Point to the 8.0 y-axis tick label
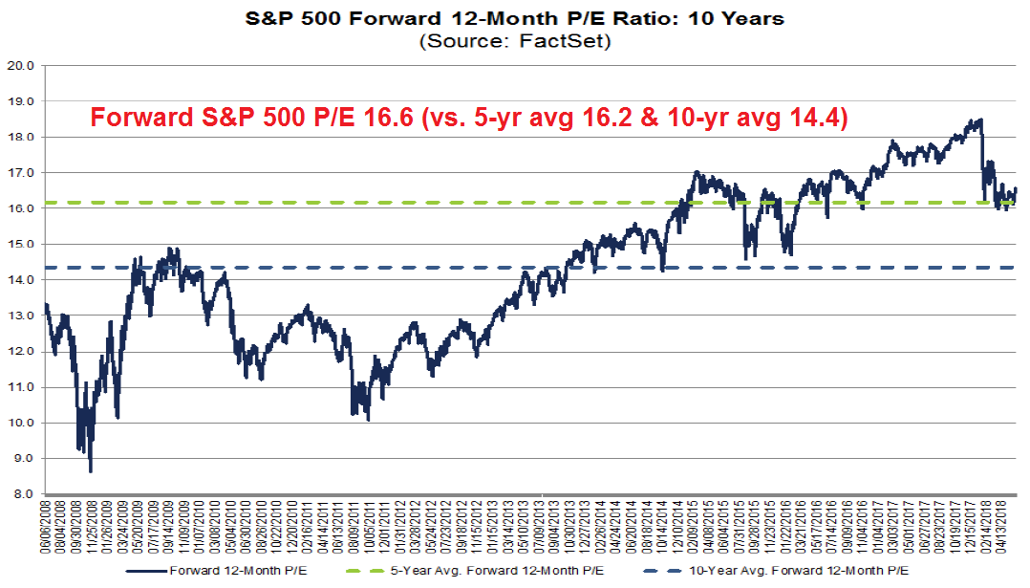(x=22, y=494)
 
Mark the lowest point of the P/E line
(x=91, y=471)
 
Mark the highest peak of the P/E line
(x=980, y=120)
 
